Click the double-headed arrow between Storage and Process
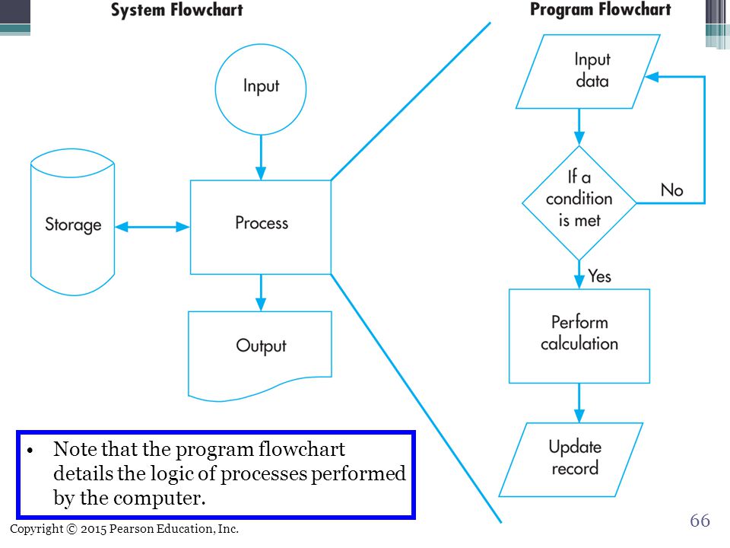click(x=152, y=227)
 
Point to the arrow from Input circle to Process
click(x=261, y=158)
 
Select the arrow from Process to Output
click(x=261, y=292)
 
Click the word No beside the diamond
click(x=671, y=190)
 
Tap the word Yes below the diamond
click(x=599, y=276)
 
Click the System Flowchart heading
click(x=177, y=10)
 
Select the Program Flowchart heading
click(x=601, y=9)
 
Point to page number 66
click(x=700, y=520)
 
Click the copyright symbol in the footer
click(x=71, y=529)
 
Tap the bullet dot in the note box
click(x=30, y=451)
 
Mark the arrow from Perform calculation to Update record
click(x=579, y=403)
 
